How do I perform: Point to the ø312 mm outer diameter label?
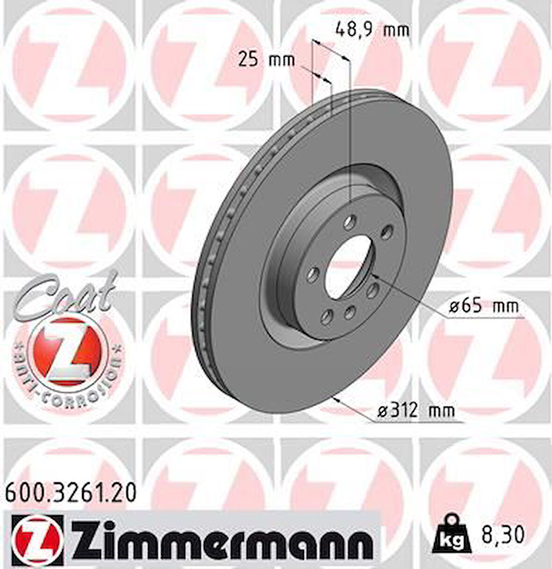point(416,411)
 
